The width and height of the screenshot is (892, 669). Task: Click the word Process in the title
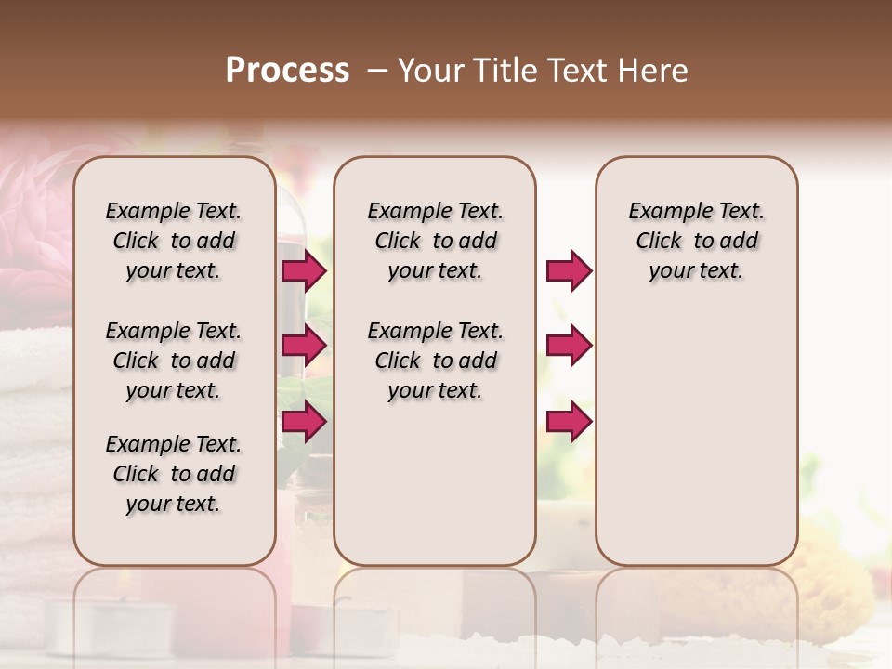tap(287, 71)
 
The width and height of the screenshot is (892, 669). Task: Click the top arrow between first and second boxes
tap(304, 271)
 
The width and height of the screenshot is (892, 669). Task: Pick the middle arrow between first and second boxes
tap(304, 346)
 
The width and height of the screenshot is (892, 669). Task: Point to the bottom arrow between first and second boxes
tap(304, 422)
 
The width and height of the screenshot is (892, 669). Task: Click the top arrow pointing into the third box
tap(569, 271)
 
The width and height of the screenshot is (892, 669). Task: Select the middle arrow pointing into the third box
tap(569, 346)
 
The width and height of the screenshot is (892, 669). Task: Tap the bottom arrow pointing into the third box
tap(569, 422)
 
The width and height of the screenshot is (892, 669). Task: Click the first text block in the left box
tap(174, 241)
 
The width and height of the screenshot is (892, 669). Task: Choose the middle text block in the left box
tap(174, 361)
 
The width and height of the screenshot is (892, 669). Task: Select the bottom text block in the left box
tap(174, 474)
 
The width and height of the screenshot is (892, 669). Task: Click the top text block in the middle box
tap(435, 241)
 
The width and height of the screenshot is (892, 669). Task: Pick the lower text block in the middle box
tap(435, 361)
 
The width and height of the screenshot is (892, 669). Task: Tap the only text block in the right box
tap(696, 241)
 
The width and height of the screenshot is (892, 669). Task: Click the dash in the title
tap(376, 71)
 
